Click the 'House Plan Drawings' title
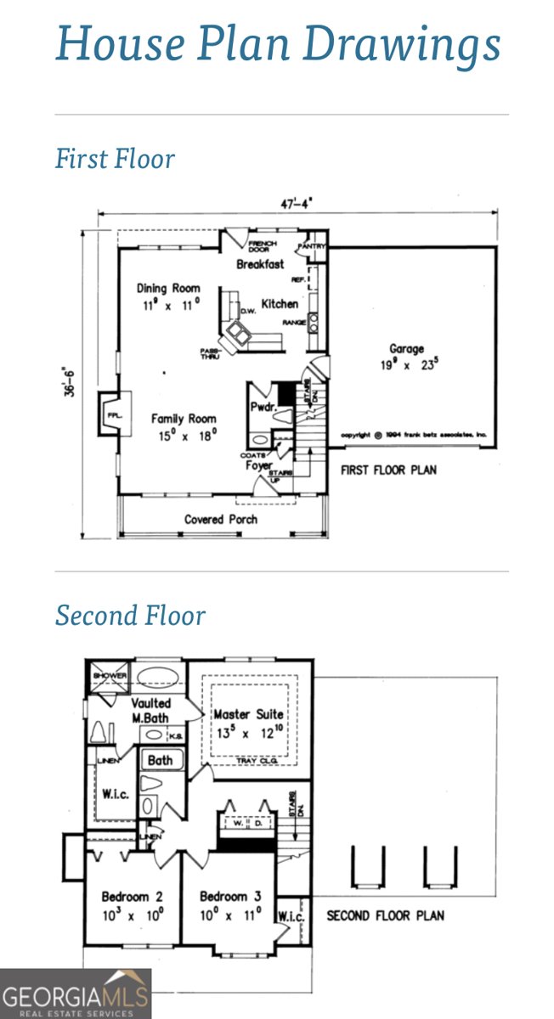[277, 43]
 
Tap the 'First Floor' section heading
[115, 159]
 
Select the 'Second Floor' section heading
[130, 615]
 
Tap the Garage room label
[406, 349]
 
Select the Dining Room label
[168, 289]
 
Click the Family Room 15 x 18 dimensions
[184, 435]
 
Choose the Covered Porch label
[221, 519]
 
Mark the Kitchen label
[280, 304]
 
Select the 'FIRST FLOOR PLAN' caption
[388, 470]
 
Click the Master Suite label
[248, 715]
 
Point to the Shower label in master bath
[110, 676]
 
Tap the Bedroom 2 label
[126, 897]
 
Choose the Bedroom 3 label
[223, 897]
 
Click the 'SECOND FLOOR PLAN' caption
[385, 915]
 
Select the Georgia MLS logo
[76, 994]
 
